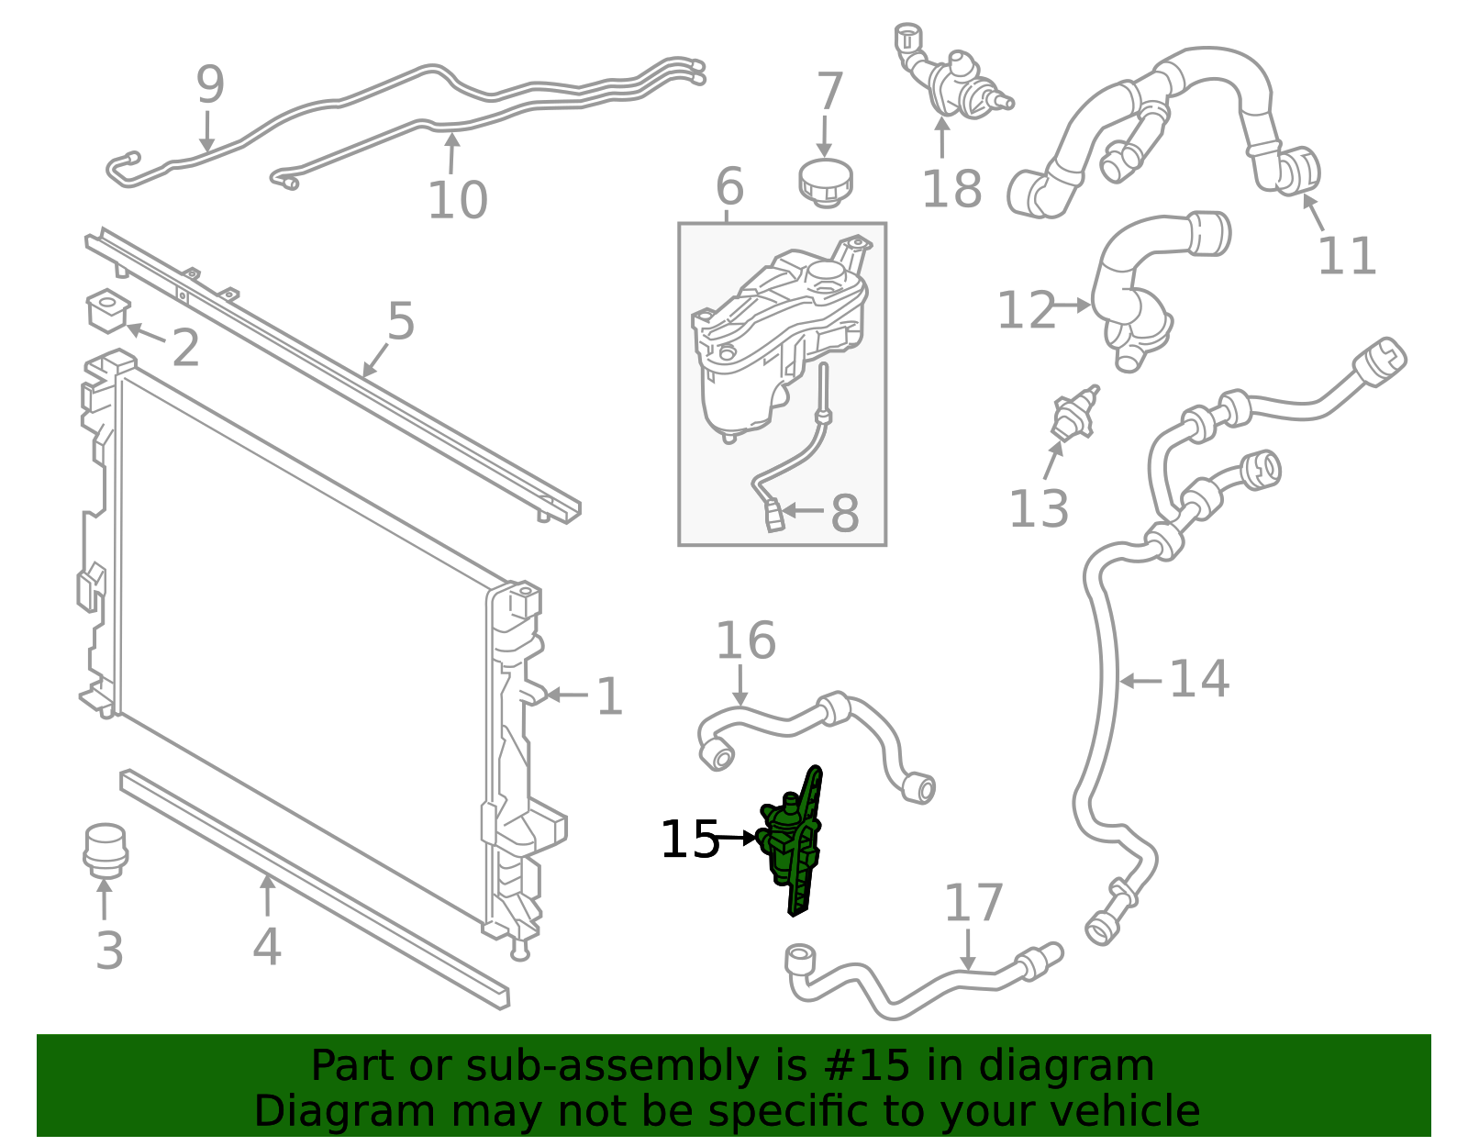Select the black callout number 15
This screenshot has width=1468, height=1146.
point(689,840)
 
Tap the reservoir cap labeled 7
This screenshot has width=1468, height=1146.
point(826,181)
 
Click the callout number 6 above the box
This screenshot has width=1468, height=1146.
point(729,187)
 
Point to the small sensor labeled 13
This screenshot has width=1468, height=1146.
point(1071,414)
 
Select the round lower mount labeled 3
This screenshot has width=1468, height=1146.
point(105,850)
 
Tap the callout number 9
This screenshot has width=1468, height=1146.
point(210,85)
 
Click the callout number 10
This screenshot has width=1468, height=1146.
point(457,200)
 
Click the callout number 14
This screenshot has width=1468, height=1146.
point(1198,680)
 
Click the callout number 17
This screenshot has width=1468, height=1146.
point(973,903)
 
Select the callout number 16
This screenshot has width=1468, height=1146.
point(745,640)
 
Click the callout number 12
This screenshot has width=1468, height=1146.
point(1027,310)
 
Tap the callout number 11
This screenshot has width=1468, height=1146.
point(1346,256)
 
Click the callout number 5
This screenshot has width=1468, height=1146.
point(401,321)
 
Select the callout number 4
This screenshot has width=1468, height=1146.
point(266,947)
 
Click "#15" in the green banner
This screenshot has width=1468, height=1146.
point(867,1066)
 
